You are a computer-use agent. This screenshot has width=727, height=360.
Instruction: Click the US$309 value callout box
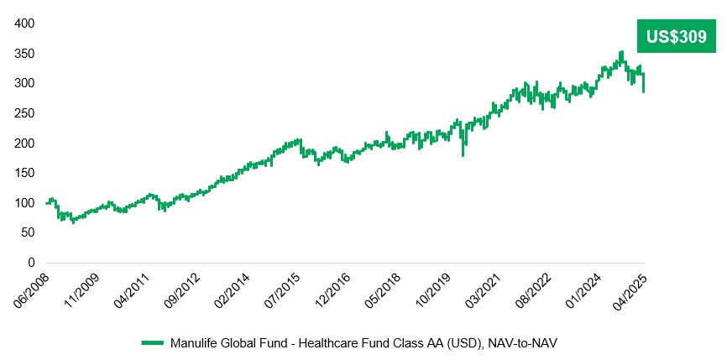pyautogui.click(x=677, y=36)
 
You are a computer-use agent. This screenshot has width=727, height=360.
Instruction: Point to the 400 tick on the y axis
pyautogui.click(x=24, y=23)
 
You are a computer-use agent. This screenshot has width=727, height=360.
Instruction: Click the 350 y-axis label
pyautogui.click(x=24, y=54)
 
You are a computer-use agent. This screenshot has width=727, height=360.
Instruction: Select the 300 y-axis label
pyautogui.click(x=24, y=83)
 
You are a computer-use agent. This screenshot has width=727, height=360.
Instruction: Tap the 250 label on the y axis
pyautogui.click(x=24, y=113)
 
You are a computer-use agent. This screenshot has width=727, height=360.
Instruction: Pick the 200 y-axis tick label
pyautogui.click(x=24, y=143)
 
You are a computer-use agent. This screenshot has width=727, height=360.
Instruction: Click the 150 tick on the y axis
pyautogui.click(x=24, y=173)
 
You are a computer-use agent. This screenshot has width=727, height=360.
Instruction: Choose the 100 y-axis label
pyautogui.click(x=24, y=203)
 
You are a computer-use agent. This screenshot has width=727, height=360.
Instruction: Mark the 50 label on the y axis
pyautogui.click(x=27, y=233)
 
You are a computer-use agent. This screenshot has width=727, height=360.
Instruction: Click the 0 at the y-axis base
pyautogui.click(x=30, y=263)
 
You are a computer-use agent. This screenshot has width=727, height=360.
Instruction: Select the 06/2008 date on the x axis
pyautogui.click(x=34, y=288)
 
